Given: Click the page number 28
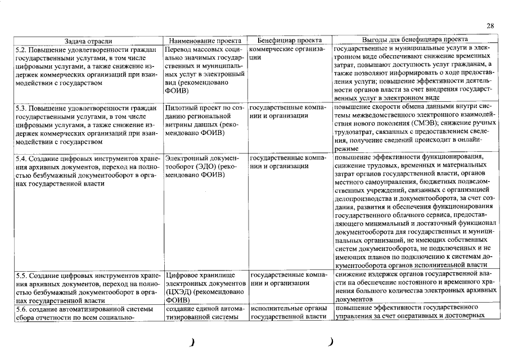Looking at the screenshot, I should click(x=489, y=26).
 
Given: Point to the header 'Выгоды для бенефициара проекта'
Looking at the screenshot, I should click(x=415, y=40).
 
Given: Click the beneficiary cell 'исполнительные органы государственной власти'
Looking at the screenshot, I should click(x=287, y=313).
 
